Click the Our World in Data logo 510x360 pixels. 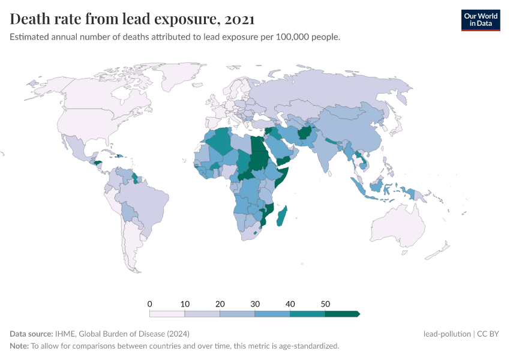(480, 19)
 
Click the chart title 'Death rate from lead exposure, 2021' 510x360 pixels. (133, 19)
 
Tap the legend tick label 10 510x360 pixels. (185, 304)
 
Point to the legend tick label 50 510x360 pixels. (325, 304)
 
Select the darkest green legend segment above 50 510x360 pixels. (341, 313)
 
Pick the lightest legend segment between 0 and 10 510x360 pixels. (167, 313)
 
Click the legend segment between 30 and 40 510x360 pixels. (272, 313)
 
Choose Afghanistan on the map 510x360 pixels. (304, 133)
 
